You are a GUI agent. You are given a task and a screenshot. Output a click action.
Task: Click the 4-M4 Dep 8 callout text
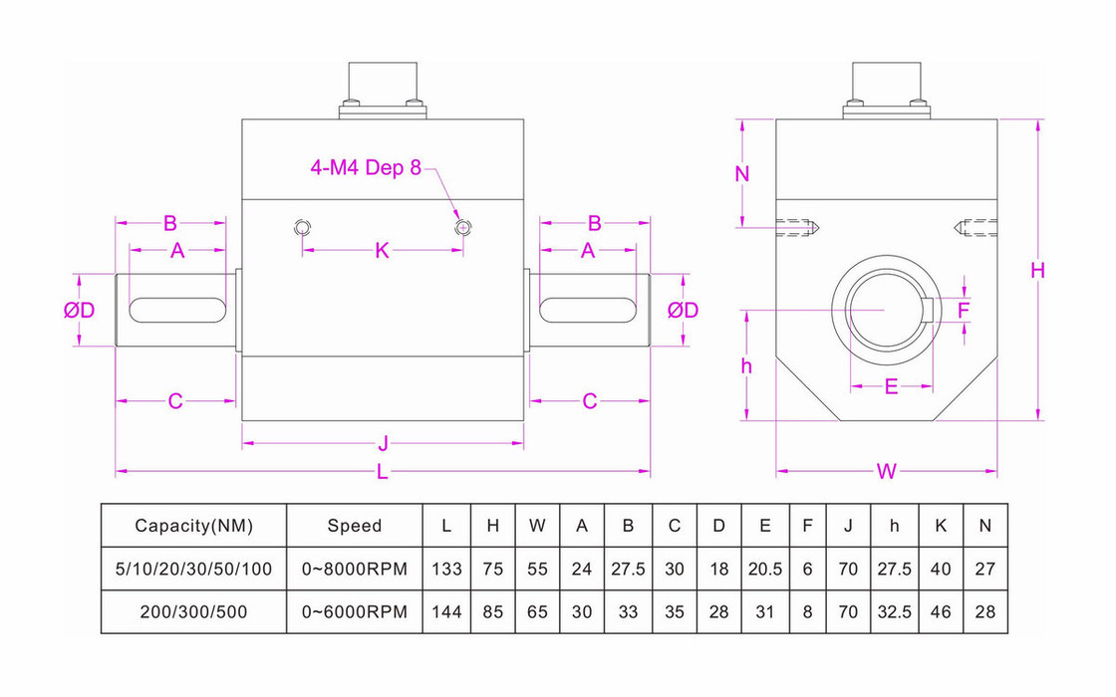[x=365, y=167]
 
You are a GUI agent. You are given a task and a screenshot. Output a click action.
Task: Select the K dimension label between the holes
[x=383, y=251]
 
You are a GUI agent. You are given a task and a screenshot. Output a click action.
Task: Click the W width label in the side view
[x=887, y=472]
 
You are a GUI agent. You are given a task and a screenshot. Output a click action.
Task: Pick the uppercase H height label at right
[x=1038, y=270]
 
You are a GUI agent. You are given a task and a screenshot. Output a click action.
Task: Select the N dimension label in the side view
[x=741, y=173]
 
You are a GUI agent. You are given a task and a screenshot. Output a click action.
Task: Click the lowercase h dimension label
[x=746, y=365]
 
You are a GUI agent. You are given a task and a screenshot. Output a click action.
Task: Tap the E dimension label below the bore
[x=891, y=386]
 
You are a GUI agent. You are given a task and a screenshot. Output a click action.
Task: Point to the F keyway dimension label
[x=964, y=311]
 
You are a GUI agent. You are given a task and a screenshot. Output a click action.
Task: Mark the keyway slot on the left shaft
[x=175, y=310]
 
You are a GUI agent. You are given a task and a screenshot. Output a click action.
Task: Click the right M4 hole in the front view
[x=462, y=228]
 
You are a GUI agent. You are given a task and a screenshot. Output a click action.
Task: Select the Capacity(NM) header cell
[x=194, y=526]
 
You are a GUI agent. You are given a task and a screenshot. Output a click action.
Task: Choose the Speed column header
[x=354, y=526]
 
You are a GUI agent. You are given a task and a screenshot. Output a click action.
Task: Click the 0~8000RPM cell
[x=354, y=569]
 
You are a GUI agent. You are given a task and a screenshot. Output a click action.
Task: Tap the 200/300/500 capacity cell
[x=194, y=612]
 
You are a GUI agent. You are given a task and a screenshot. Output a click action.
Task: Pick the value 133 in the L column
[x=446, y=569]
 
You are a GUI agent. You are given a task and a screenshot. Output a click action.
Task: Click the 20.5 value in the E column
[x=764, y=569]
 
